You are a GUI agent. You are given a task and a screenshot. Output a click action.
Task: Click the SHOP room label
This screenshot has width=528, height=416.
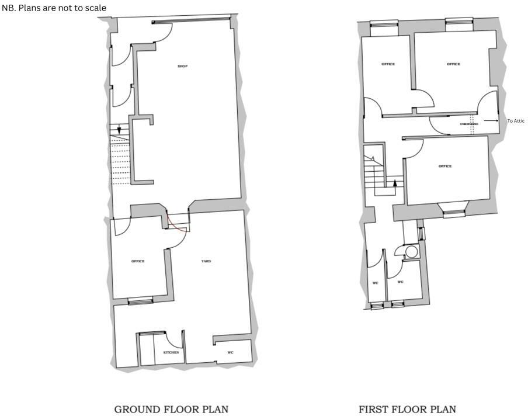183,66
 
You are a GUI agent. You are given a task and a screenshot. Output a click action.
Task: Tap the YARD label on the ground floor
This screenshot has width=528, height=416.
206,261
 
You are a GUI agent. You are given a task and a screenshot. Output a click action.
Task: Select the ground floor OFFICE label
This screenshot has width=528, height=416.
138,261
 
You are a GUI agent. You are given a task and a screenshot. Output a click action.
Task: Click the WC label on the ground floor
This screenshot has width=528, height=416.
231,352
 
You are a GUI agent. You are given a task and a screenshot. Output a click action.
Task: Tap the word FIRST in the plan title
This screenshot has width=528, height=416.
372,410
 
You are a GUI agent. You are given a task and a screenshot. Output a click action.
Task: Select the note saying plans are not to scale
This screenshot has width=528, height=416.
54,8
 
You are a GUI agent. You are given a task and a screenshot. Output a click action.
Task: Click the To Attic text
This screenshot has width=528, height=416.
516,121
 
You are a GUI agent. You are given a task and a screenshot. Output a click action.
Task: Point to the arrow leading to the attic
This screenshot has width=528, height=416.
491,121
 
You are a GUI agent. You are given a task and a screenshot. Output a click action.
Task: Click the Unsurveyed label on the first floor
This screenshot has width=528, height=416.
469,124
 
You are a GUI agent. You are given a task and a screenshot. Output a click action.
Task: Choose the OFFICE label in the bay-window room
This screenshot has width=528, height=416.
445,167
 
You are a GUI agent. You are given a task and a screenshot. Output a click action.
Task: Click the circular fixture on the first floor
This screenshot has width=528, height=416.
412,252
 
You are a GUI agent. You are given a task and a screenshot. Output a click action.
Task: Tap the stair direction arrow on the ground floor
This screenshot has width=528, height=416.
119,129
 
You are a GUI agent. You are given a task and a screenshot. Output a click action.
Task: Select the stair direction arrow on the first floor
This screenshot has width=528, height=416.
395,183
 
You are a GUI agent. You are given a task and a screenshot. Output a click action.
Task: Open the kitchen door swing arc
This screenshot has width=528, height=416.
173,340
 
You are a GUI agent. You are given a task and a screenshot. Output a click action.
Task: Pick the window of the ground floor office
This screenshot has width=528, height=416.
140,301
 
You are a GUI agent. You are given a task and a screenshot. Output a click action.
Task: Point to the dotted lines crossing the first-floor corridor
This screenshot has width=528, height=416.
472,124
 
